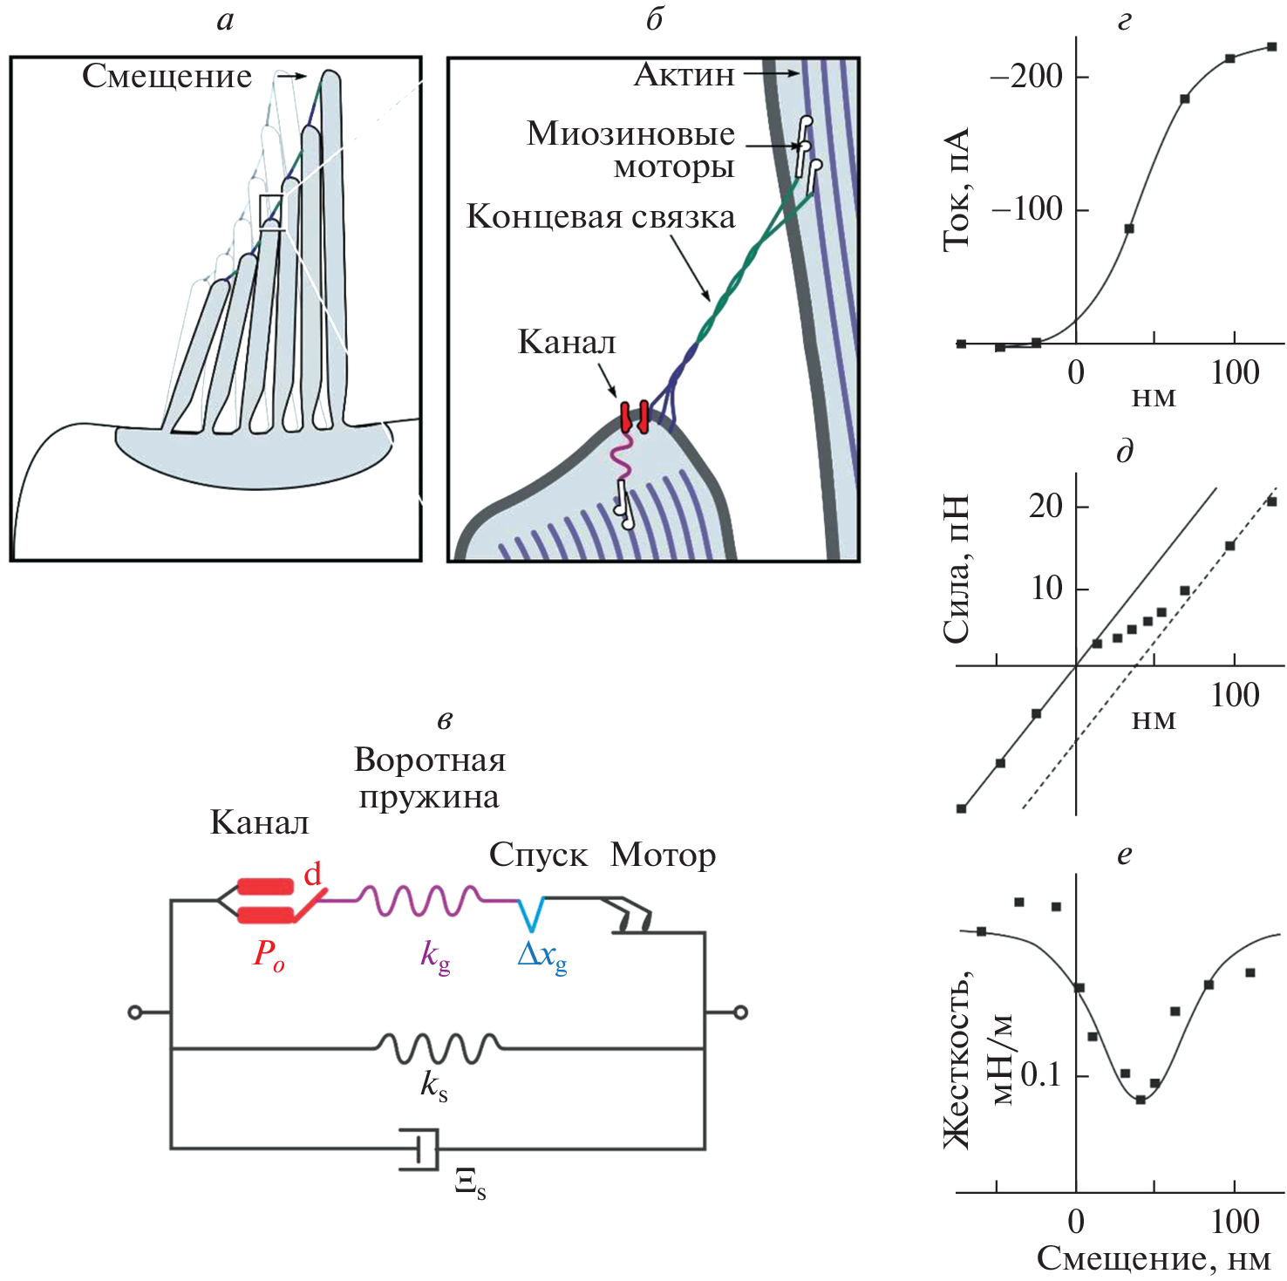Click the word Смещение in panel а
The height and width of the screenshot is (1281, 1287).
(167, 77)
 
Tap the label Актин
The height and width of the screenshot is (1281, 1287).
(684, 75)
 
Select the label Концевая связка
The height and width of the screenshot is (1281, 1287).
(601, 217)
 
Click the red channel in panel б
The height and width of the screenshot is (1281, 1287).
(634, 417)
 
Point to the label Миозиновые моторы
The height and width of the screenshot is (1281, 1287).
(630, 149)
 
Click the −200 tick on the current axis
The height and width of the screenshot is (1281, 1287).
(1026, 77)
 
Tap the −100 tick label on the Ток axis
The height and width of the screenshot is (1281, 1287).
(1026, 209)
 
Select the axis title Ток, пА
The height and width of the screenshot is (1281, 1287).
(957, 189)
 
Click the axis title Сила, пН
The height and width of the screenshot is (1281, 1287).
(957, 569)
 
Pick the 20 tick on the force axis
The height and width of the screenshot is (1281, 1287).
(1045, 506)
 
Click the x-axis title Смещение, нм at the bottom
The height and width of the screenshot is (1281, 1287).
(1153, 1258)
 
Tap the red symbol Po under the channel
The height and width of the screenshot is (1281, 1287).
(269, 953)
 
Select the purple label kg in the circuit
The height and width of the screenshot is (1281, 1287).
(435, 956)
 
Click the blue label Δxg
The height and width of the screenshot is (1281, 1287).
(541, 956)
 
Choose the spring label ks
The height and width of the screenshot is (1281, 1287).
(434, 1086)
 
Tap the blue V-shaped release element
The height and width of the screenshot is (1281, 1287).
(531, 913)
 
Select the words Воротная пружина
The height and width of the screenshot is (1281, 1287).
(429, 778)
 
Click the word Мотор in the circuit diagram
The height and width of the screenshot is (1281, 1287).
(663, 855)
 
